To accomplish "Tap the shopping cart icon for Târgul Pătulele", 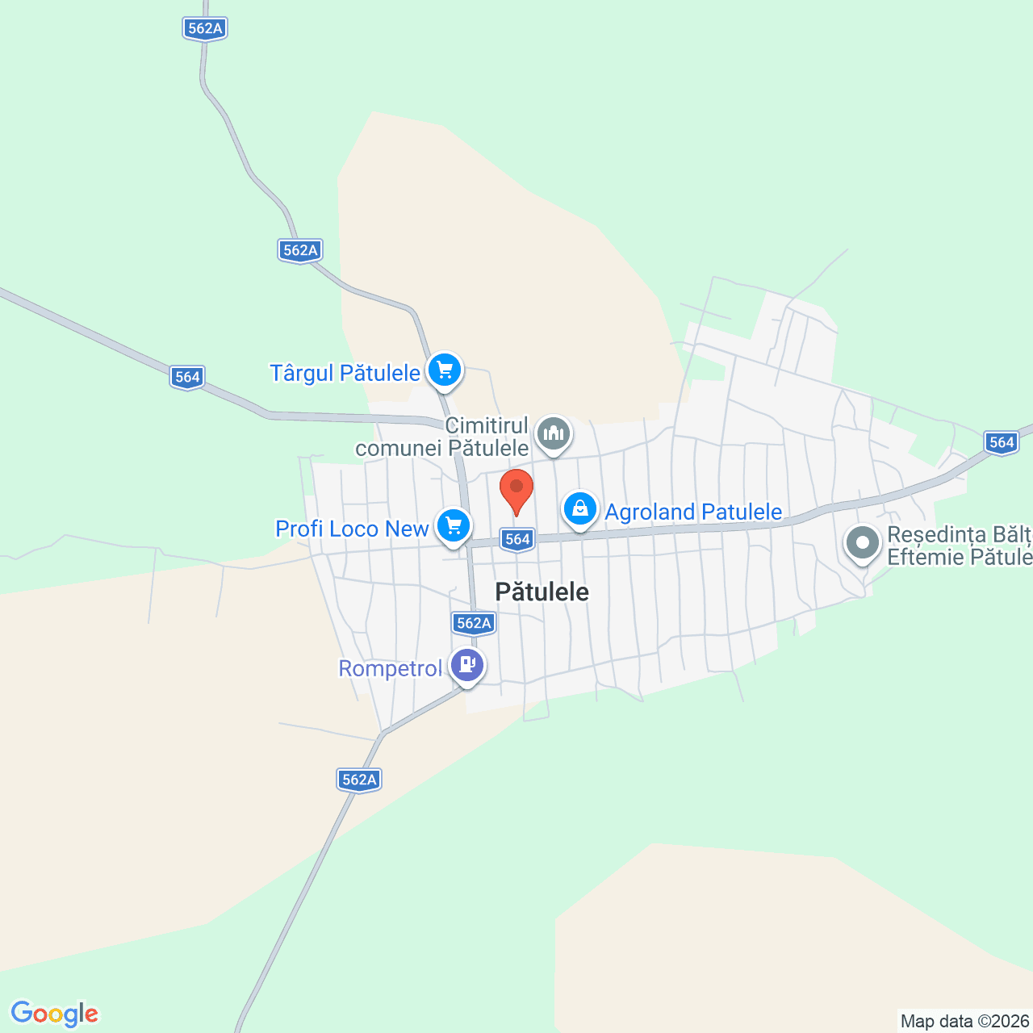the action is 444,371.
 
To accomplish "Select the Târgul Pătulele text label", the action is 345,373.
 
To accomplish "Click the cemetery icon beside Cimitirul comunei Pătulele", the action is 554,434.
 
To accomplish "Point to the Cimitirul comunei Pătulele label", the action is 442,437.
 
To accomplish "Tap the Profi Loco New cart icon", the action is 454,527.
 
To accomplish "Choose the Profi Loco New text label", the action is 352,529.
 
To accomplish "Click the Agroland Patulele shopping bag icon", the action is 580,509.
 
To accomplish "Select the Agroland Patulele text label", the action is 693,512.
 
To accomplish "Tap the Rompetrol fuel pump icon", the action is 467,665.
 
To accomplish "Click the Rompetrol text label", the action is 390,668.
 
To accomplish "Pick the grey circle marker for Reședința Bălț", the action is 863,542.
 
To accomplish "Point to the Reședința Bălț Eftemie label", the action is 959,546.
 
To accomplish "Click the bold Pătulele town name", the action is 542,592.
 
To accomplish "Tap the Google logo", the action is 55,1014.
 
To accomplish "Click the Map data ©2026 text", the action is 965,1021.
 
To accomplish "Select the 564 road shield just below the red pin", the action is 517,539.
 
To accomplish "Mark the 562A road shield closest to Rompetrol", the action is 474,622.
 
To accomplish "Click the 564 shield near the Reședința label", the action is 1002,441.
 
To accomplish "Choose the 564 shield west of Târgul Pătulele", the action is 187,377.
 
